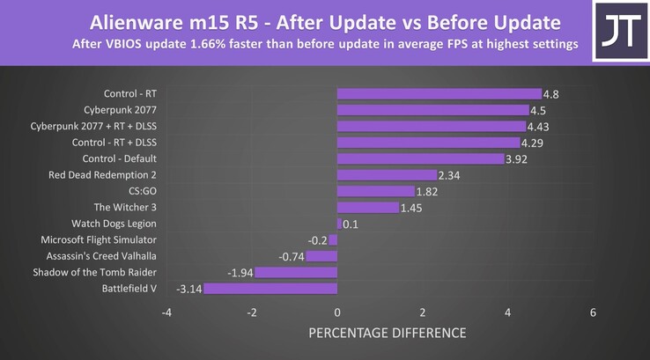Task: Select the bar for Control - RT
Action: coord(439,94)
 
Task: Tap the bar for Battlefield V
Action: coord(270,289)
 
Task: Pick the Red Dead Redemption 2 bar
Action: coord(387,175)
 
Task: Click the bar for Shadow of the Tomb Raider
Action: coord(296,273)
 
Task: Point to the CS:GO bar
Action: coord(375,191)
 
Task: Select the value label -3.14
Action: coord(189,289)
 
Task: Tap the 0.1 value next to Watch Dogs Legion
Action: coord(351,224)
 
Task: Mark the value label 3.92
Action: coord(517,159)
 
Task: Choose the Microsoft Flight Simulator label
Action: coord(99,239)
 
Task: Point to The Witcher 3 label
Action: coord(124,207)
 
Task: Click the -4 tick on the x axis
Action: coord(166,313)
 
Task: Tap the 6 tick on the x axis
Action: coord(594,313)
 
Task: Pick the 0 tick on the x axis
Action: coord(337,313)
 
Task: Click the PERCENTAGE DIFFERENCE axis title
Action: coord(387,333)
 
